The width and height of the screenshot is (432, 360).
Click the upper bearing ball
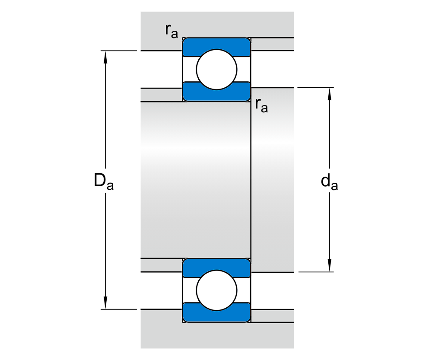click(x=217, y=69)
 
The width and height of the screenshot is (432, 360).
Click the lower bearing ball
click(x=217, y=290)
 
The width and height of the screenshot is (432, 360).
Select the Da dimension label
click(x=104, y=181)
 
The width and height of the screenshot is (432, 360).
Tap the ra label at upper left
click(x=171, y=31)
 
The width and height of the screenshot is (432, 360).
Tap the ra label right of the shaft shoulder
click(x=261, y=105)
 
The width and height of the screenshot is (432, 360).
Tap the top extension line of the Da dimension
click(x=119, y=51)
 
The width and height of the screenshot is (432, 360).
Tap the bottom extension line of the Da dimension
click(x=119, y=309)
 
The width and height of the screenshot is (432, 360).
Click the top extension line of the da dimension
click(x=315, y=88)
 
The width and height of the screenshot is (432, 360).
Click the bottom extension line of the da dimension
click(x=315, y=272)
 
